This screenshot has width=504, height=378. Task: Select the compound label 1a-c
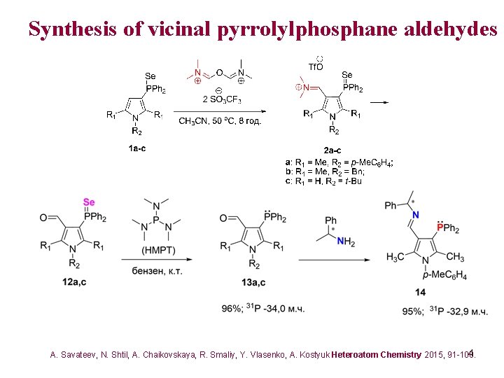tap(137, 148)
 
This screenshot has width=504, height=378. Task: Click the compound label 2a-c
tap(333, 150)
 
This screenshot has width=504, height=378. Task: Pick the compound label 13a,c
tap(253, 282)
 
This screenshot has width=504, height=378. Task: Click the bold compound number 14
tap(419, 291)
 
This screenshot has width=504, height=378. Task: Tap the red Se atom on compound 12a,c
tap(89, 202)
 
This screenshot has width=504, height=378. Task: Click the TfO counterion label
tap(316, 67)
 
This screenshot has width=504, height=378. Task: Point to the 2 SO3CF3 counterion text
tap(221, 99)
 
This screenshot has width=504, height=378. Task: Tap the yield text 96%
tap(232, 309)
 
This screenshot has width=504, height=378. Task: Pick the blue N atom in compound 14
tap(415, 215)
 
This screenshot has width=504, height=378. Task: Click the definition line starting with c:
tap(323, 181)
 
